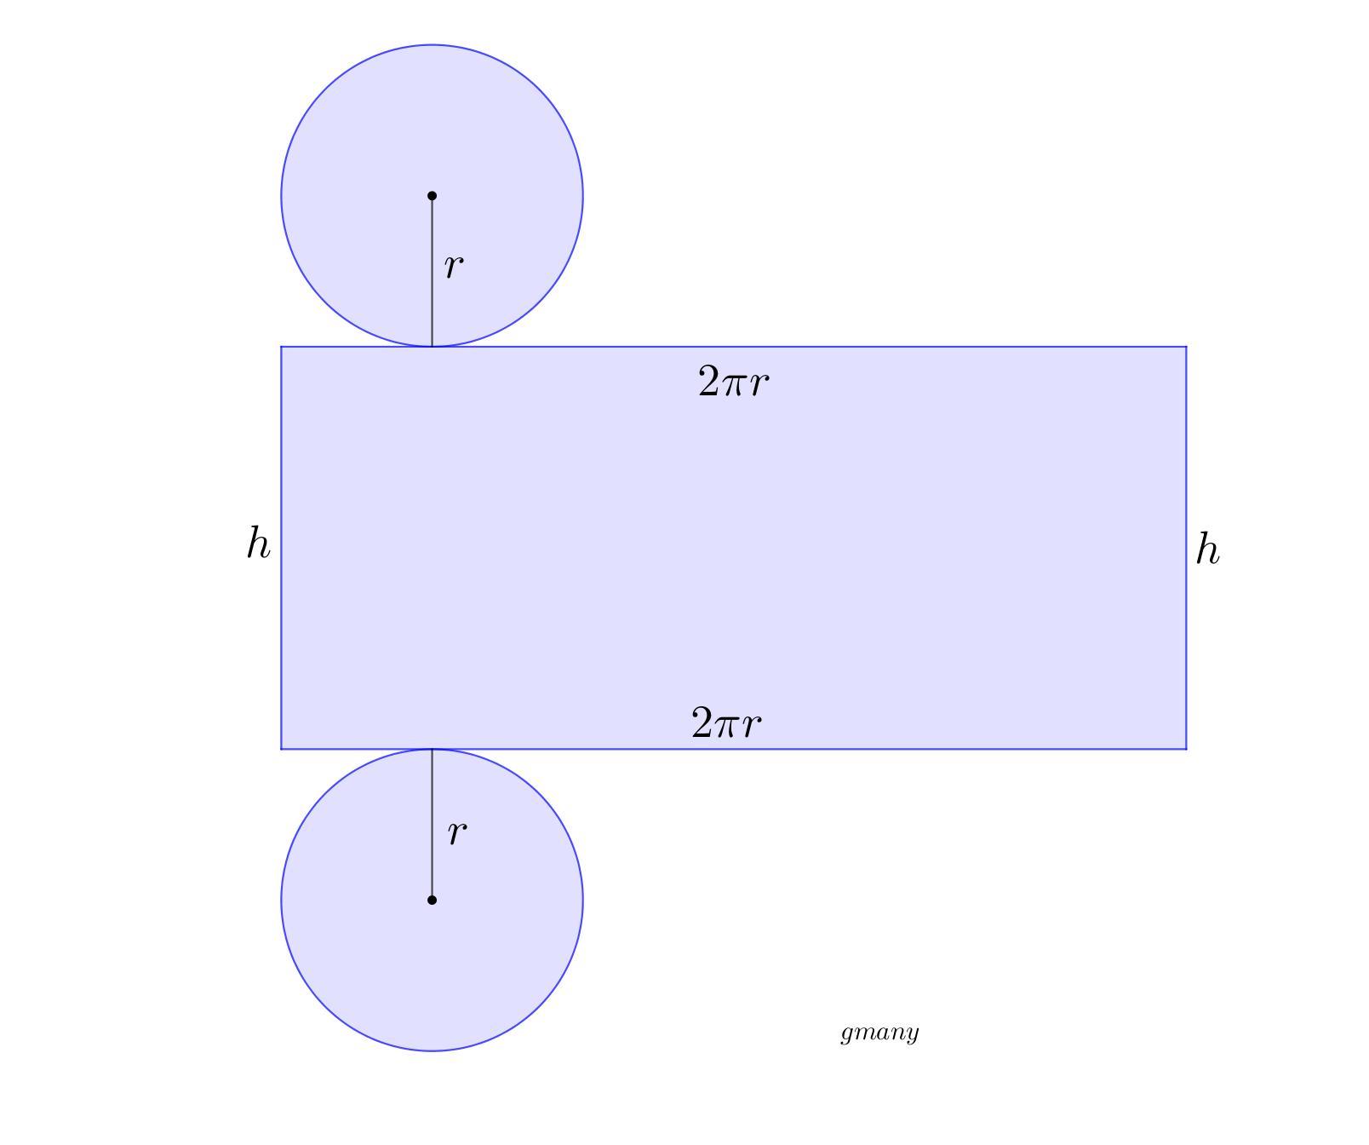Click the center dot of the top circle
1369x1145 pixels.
(x=432, y=196)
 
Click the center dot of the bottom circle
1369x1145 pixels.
(x=432, y=900)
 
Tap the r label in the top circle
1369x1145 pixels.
(x=454, y=267)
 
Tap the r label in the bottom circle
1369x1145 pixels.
(x=457, y=832)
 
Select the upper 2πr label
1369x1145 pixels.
(x=733, y=382)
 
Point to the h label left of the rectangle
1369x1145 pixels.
(x=258, y=544)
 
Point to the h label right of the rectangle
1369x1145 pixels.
(x=1207, y=549)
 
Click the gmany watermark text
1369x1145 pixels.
(x=879, y=1033)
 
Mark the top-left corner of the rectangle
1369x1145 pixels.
(x=282, y=347)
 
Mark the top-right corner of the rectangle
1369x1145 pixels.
(x=1186, y=347)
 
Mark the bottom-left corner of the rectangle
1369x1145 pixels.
(x=282, y=749)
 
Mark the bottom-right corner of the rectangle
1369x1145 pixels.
(x=1186, y=749)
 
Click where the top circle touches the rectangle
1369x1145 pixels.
(x=432, y=347)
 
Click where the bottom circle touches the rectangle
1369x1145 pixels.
(x=432, y=749)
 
